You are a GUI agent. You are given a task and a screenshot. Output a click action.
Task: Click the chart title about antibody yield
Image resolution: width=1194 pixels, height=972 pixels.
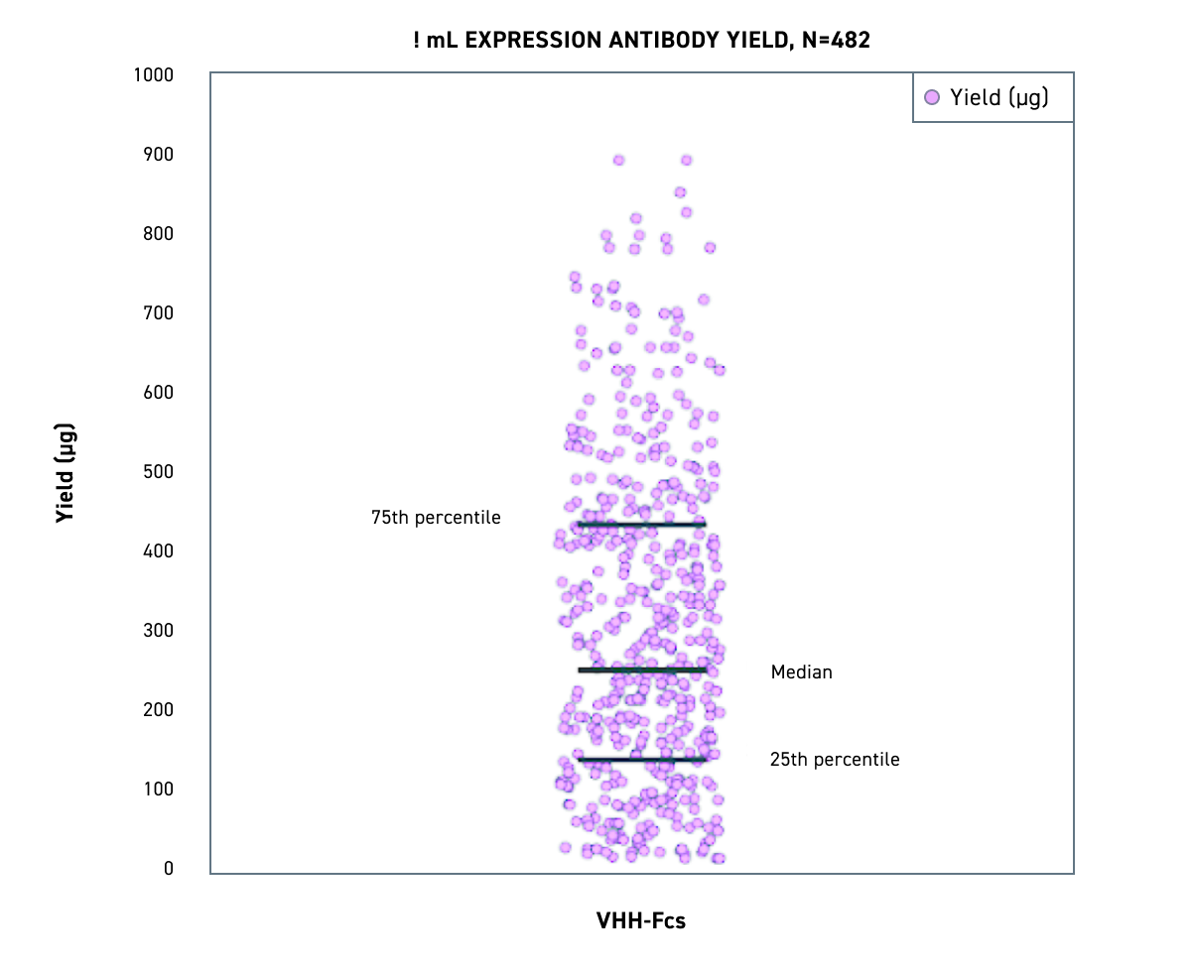pyautogui.click(x=641, y=41)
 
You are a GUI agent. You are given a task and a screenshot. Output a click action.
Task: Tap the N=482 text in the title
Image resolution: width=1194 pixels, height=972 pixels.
pyautogui.click(x=834, y=41)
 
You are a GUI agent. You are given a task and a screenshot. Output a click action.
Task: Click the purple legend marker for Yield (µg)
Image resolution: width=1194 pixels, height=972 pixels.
pyautogui.click(x=931, y=97)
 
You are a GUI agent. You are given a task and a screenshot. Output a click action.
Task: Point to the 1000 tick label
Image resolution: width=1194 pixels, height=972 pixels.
pyautogui.click(x=154, y=75)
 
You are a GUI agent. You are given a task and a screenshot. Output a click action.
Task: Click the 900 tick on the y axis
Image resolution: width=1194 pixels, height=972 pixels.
pyautogui.click(x=158, y=155)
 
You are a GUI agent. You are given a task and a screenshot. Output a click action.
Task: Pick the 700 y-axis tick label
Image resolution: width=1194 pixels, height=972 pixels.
pyautogui.click(x=158, y=313)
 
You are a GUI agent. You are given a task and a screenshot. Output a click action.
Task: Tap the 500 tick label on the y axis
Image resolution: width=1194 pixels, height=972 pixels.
pyautogui.click(x=158, y=472)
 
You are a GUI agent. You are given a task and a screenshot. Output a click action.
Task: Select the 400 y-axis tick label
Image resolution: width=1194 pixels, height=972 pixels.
pyautogui.click(x=158, y=551)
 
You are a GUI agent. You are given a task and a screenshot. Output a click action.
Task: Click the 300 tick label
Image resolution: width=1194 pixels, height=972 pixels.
pyautogui.click(x=158, y=631)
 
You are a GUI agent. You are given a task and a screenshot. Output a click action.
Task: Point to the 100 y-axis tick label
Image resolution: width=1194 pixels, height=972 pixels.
pyautogui.click(x=158, y=790)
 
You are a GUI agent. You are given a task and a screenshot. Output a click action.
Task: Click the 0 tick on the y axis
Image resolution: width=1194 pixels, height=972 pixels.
pyautogui.click(x=169, y=869)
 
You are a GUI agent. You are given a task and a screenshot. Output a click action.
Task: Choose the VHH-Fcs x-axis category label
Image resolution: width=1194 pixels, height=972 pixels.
pyautogui.click(x=641, y=921)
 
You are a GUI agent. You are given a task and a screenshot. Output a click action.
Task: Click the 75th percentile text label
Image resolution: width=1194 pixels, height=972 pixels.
pyautogui.click(x=436, y=518)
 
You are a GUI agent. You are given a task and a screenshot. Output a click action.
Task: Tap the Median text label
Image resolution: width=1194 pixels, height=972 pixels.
pyautogui.click(x=801, y=672)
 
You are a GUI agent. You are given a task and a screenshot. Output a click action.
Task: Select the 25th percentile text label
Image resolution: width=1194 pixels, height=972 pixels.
pyautogui.click(x=835, y=760)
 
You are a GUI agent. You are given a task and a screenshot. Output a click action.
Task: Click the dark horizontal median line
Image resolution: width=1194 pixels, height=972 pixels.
pyautogui.click(x=642, y=670)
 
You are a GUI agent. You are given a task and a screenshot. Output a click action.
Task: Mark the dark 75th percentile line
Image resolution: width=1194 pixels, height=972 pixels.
pyautogui.click(x=642, y=524)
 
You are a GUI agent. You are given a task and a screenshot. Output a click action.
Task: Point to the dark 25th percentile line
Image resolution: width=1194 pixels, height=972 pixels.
pyautogui.click(x=642, y=760)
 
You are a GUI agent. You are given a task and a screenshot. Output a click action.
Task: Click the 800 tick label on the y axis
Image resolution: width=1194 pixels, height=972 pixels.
pyautogui.click(x=158, y=234)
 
